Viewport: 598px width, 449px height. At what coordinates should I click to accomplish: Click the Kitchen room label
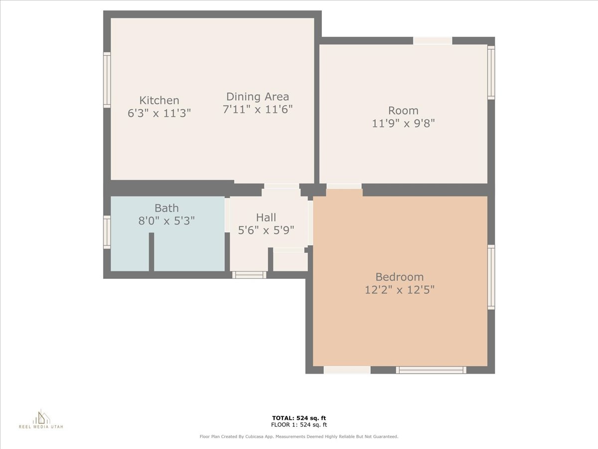point(159,100)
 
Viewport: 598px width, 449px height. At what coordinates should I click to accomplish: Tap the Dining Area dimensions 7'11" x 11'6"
point(257,109)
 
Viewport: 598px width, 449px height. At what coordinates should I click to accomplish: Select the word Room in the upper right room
point(403,110)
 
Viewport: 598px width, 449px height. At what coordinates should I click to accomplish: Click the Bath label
point(166,208)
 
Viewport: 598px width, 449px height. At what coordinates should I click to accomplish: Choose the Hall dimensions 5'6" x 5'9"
point(266,230)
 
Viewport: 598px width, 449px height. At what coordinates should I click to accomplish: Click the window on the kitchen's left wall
point(107,80)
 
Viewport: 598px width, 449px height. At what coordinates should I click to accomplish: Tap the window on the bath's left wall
point(107,232)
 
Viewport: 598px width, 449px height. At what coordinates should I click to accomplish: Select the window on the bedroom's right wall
point(491,277)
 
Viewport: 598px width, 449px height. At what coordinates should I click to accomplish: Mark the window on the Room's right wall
point(491,72)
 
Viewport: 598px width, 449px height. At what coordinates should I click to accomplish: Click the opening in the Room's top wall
point(433,41)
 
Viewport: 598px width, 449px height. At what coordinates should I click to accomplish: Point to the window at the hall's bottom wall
point(249,274)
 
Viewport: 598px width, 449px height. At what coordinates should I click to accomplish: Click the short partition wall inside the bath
point(151,252)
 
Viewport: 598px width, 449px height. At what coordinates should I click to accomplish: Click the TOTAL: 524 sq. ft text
point(299,418)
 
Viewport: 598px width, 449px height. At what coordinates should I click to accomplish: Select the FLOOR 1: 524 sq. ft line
point(299,425)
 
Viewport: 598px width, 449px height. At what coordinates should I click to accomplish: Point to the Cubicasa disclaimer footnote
point(299,437)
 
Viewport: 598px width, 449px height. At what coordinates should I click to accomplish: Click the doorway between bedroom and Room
point(344,187)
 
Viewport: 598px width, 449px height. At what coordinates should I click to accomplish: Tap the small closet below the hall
point(291,261)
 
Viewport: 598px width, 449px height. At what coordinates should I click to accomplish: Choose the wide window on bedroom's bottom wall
point(431,370)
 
